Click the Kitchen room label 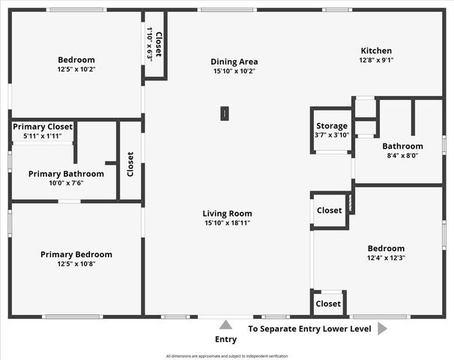click(377, 50)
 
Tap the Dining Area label click(234, 61)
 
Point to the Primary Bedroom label click(76, 254)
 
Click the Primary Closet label click(43, 127)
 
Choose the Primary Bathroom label click(66, 173)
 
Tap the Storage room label click(331, 126)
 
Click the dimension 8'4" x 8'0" click(402, 156)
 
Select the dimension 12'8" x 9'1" click(377, 60)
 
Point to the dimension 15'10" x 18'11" click(227, 223)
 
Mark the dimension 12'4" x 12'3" click(386, 258)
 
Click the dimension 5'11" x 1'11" click(43, 136)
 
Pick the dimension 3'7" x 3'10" click(331, 135)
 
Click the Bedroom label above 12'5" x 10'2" click(76, 60)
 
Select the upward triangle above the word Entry click(226, 325)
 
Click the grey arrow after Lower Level click(382, 328)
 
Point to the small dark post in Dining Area click(224, 113)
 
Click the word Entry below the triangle click(226, 340)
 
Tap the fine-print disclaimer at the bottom click(226, 355)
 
